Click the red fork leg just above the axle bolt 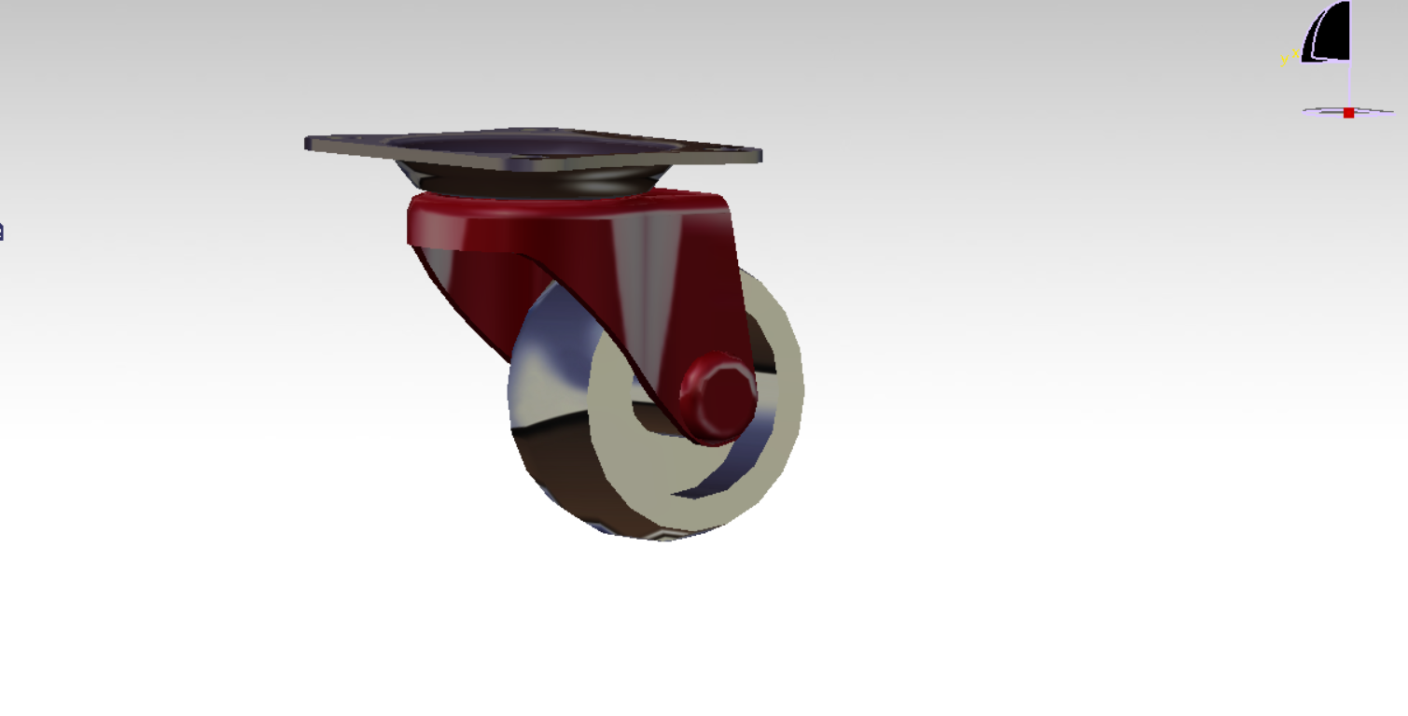(x=709, y=317)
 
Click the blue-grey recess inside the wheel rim (x=746, y=448)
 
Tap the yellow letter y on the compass (x=1284, y=60)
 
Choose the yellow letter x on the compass (x=1295, y=53)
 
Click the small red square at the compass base (x=1348, y=113)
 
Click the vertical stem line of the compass (x=1350, y=84)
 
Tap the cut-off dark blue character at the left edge (x=2, y=231)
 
